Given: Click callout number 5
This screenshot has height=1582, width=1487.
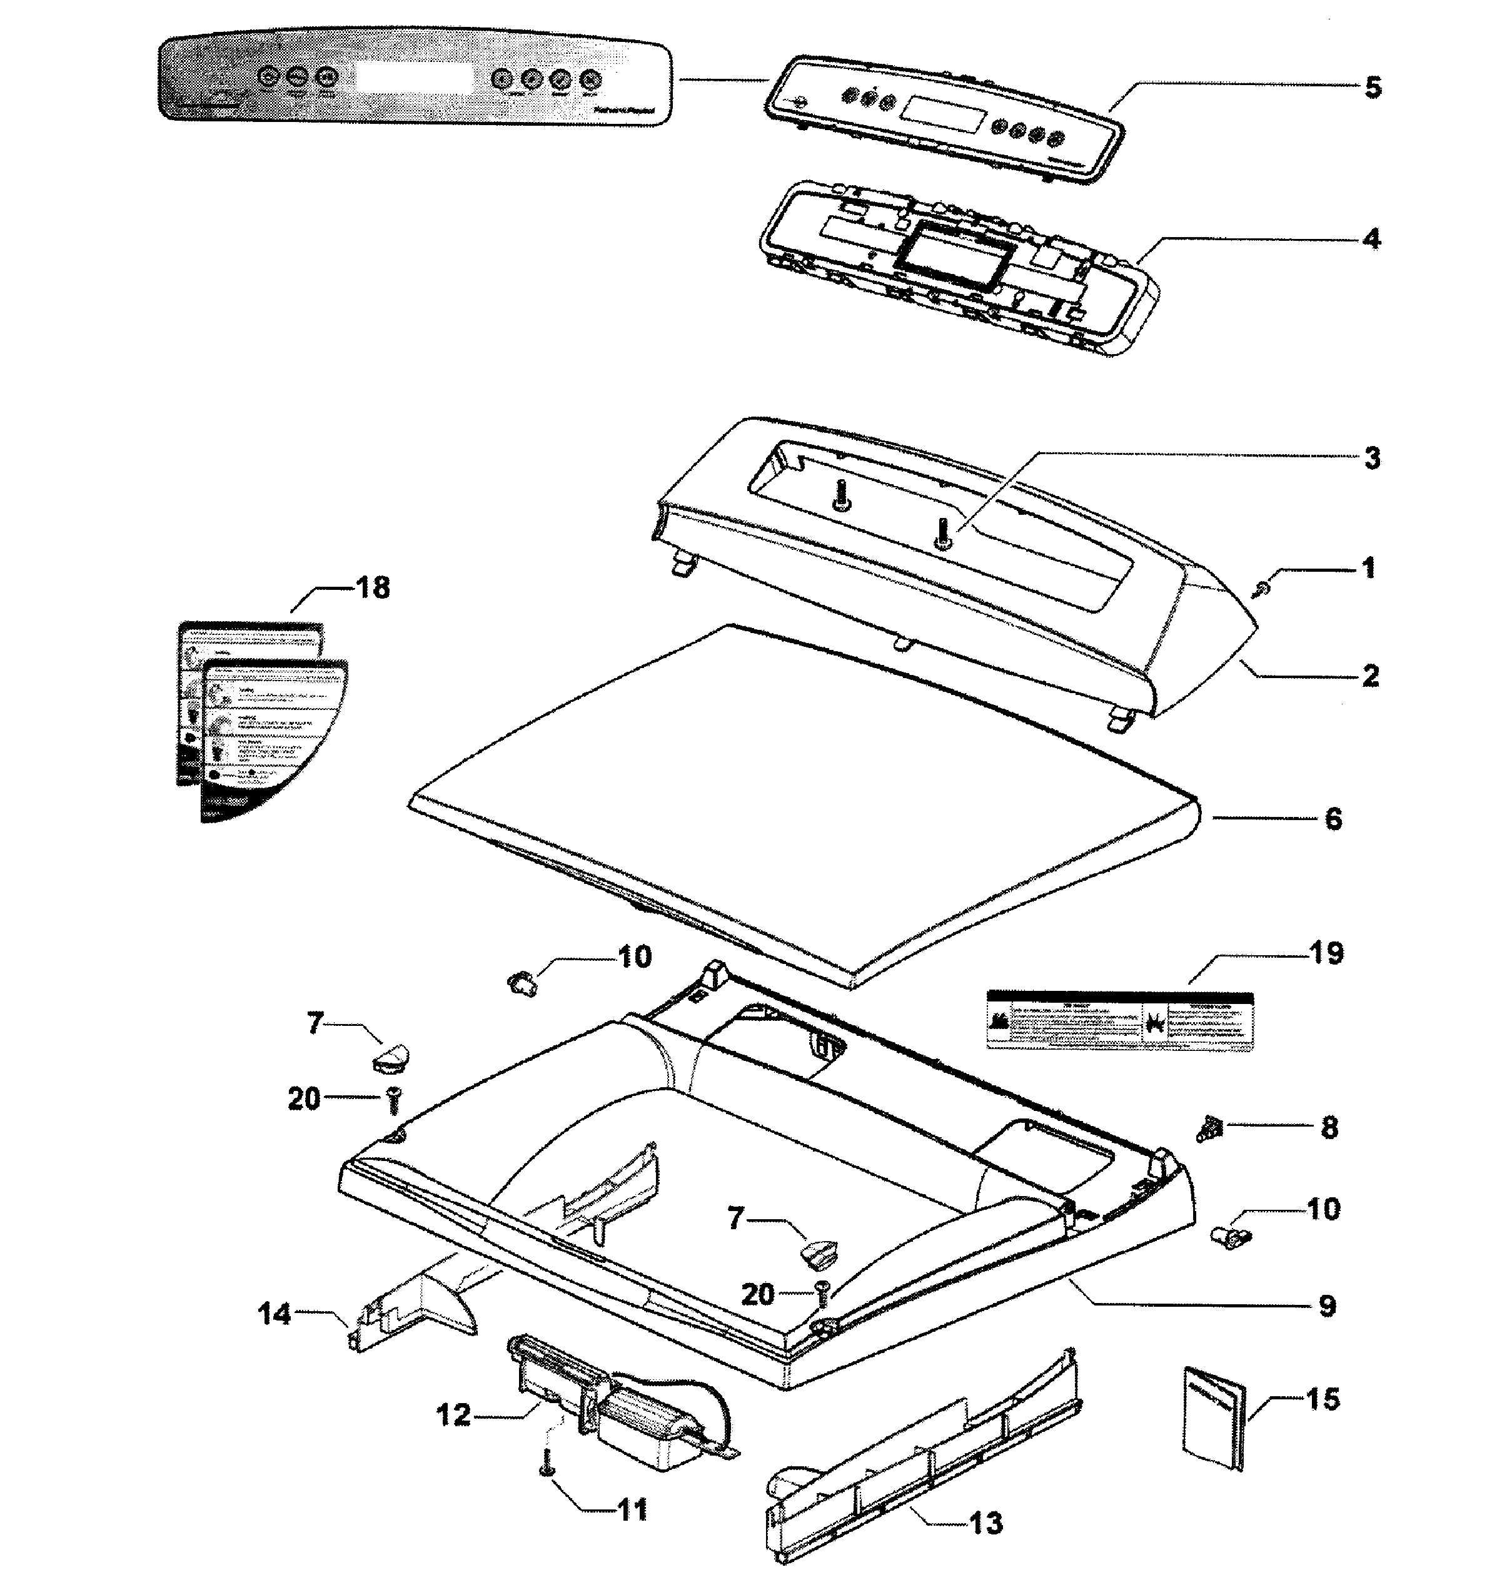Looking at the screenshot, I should pos(1373,87).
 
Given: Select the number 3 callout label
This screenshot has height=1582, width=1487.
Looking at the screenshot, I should pos(1372,459).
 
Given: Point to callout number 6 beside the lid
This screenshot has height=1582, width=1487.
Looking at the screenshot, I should pos(1333,819).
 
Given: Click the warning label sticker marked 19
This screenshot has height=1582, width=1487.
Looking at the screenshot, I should pos(1119,1020).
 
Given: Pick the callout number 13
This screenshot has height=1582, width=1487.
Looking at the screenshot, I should pos(985,1523).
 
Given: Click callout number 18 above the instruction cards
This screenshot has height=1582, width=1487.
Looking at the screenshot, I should pos(371,588).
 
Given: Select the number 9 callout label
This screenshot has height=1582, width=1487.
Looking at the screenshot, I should pos(1327,1306).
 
